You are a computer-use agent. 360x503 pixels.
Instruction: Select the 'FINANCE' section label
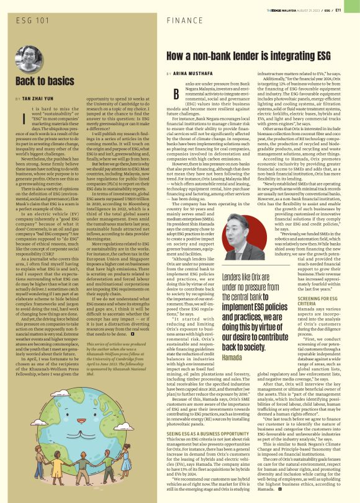(x=186, y=21)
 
